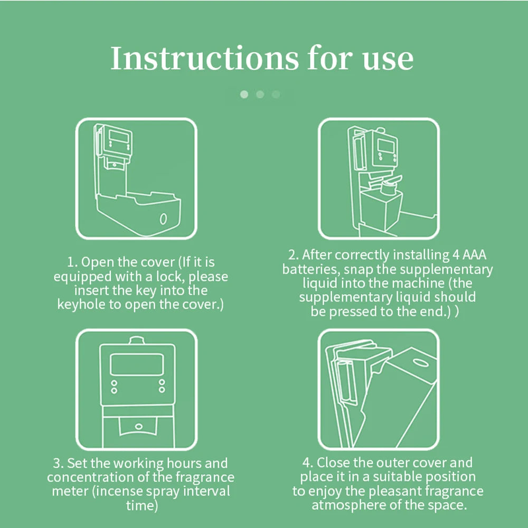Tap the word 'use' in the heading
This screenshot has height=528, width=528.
pos(388,61)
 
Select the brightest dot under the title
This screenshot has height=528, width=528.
pos(244,95)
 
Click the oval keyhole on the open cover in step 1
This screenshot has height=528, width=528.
pos(163,219)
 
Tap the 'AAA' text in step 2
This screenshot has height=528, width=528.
pos(475,254)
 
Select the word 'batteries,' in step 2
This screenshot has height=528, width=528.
pos(311,269)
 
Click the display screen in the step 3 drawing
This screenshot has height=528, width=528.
pos(137,364)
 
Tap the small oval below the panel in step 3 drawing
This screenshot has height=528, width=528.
pos(138,427)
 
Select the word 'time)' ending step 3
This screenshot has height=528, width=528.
pos(142,505)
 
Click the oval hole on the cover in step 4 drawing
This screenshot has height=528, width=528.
pos(421,362)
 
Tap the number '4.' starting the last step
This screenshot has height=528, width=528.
pos(308,463)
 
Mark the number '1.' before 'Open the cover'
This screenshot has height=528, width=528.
pos(73,262)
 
